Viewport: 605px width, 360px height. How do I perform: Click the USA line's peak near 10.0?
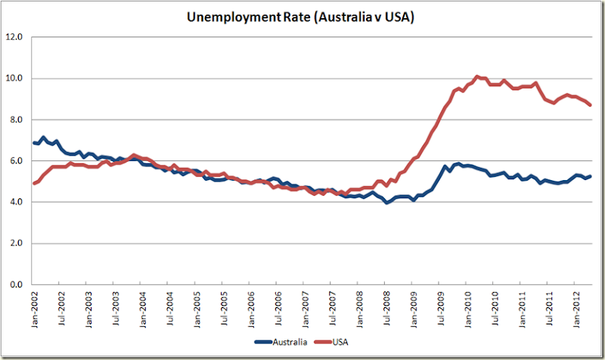coord(476,76)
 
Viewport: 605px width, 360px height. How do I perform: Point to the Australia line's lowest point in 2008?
coord(386,203)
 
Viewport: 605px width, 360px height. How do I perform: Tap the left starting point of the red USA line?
coord(34,184)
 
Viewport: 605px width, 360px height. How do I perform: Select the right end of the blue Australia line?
coord(591,176)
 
